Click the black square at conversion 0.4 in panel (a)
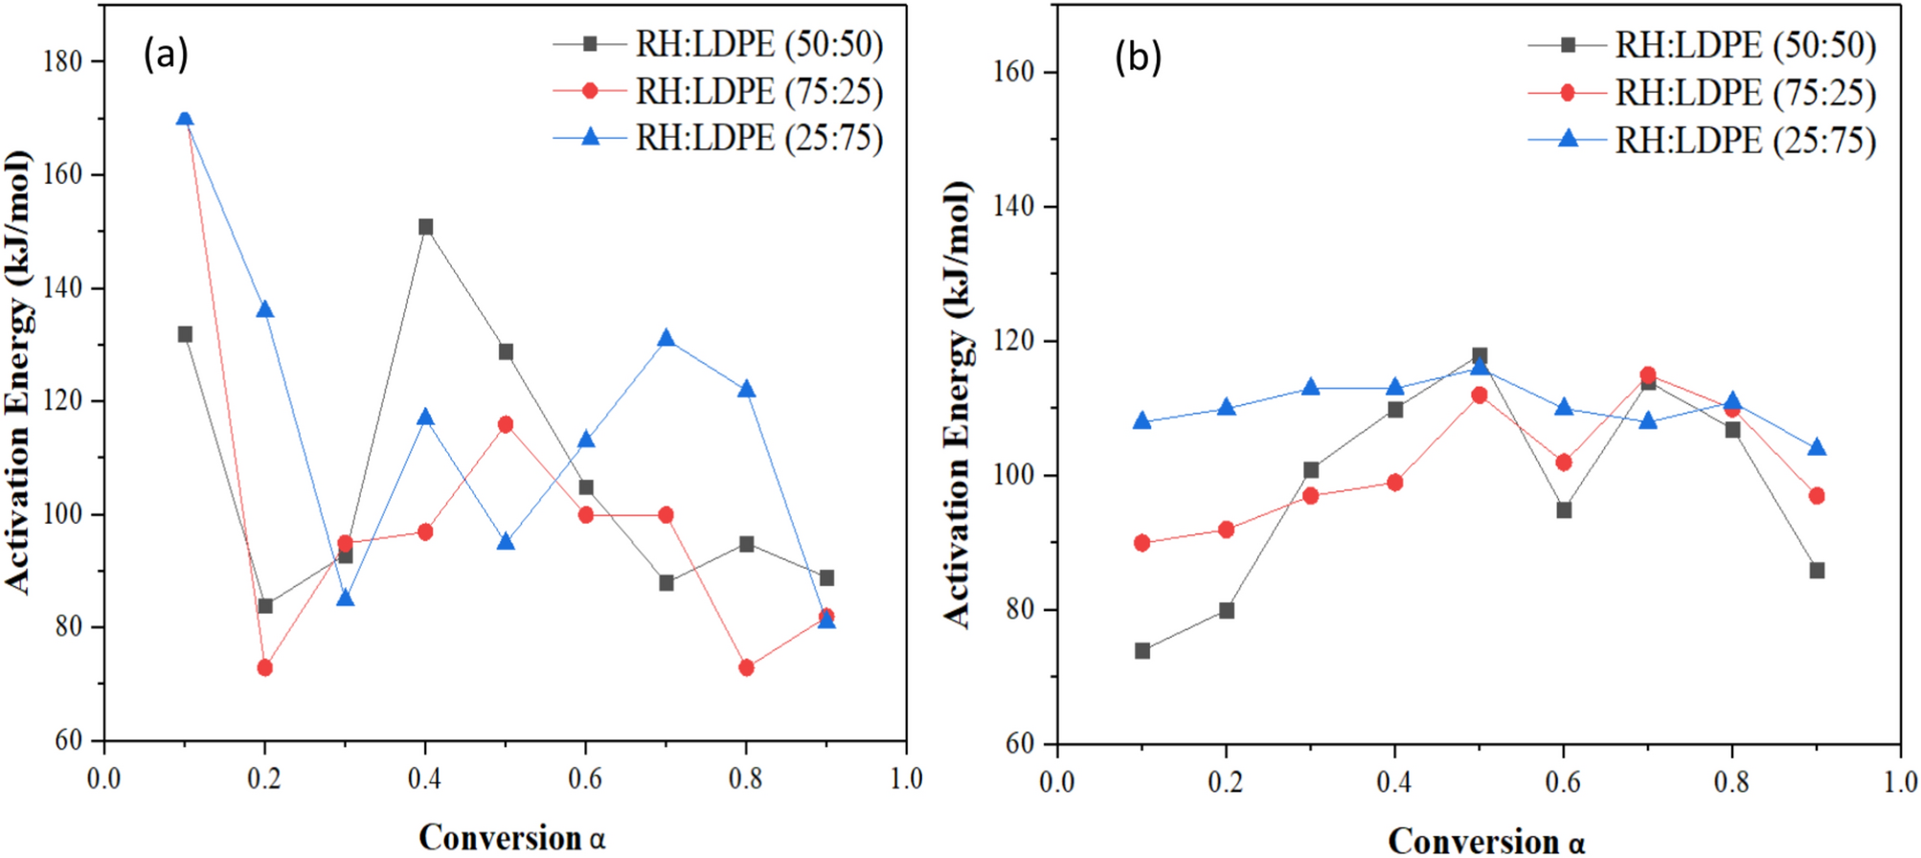tap(425, 227)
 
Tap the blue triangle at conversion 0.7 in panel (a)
tap(667, 339)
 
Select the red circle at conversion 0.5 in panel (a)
tap(506, 424)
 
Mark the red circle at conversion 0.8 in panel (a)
tap(747, 667)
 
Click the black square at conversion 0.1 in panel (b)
tap(1141, 651)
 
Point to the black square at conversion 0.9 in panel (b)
tap(1817, 571)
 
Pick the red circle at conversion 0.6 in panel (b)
tap(1564, 463)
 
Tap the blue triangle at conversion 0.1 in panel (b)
tap(1141, 421)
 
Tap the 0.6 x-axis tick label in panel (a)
tap(585, 779)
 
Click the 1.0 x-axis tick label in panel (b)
tap(1900, 782)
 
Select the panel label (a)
tap(166, 55)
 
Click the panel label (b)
tap(1138, 57)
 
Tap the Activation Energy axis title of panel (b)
tap(958, 402)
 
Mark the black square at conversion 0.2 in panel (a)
tap(265, 606)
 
